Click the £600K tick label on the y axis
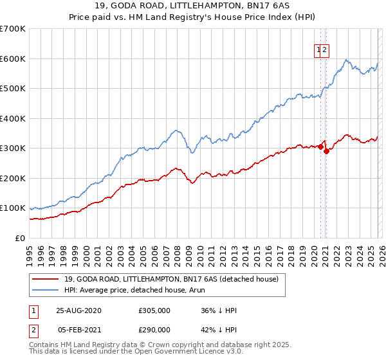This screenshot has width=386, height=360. [13, 59]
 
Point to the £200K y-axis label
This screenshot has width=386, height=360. [13, 178]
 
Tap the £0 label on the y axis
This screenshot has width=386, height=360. [21, 238]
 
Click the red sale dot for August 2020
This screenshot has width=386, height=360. [320, 147]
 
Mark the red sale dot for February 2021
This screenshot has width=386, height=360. [326, 151]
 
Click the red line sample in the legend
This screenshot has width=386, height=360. [44, 279]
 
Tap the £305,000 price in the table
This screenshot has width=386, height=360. [154, 310]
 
